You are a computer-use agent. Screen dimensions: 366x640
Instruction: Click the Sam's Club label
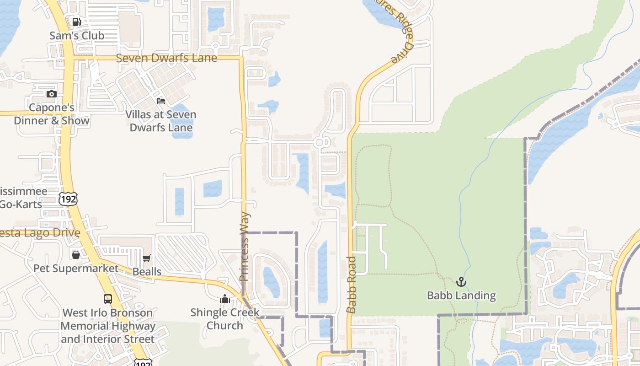77,35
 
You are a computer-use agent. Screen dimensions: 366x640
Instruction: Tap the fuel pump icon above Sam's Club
76,22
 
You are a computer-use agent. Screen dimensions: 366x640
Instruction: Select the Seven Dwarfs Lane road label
166,58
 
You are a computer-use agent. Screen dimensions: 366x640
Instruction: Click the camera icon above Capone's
52,94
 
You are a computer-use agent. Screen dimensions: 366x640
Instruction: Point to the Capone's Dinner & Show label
52,114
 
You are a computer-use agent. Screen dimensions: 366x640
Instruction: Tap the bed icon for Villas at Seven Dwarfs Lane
160,101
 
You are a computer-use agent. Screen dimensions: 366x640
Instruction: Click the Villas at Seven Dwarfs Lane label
161,121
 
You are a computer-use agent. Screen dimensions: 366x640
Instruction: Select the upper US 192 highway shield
68,199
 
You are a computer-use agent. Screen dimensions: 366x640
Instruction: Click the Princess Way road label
245,246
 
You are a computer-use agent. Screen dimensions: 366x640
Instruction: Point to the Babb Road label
351,285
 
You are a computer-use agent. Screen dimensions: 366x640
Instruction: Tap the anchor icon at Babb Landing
461,282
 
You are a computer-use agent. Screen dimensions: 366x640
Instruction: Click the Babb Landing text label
461,296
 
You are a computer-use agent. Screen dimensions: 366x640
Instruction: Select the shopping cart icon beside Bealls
147,258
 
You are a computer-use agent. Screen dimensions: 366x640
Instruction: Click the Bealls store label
147,272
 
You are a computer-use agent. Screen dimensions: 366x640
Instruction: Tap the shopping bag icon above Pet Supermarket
76,254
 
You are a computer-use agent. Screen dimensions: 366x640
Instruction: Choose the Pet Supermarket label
76,268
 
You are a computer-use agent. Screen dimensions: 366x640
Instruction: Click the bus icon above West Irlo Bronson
107,299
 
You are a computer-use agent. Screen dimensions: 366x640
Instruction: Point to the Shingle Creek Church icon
224,299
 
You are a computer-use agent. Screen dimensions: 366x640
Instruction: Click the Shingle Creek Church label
225,319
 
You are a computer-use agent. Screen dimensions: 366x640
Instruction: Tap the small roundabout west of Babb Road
320,143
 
